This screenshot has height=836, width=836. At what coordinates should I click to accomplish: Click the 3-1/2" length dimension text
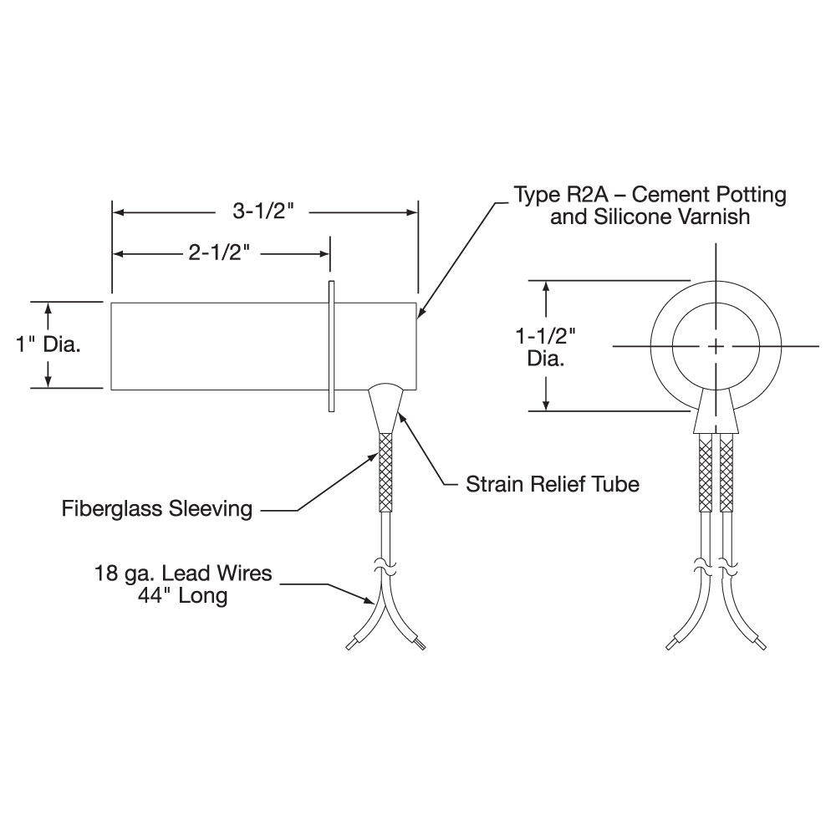[263, 212]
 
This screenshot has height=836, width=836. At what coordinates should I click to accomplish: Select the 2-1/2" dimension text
[219, 252]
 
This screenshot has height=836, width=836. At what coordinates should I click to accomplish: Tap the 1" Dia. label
[48, 344]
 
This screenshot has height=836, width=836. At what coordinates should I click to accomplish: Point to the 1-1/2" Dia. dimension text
[545, 347]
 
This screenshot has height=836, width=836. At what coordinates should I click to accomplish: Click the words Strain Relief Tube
[553, 484]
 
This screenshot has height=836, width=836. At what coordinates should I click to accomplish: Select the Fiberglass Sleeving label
[157, 508]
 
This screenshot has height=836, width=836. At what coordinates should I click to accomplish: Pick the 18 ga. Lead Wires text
[183, 573]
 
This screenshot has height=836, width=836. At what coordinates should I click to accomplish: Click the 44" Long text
[182, 595]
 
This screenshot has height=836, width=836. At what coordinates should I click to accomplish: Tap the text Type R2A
[560, 195]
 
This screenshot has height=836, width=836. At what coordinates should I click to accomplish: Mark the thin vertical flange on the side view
[331, 346]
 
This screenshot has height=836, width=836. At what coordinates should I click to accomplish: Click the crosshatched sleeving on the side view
[385, 472]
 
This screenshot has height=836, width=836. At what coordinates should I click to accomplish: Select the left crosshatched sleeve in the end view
[706, 472]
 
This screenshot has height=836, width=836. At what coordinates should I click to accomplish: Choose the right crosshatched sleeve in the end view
[726, 472]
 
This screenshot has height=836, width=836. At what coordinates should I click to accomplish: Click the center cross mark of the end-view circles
[716, 347]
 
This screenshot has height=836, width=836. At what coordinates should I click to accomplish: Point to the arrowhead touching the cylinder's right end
[421, 313]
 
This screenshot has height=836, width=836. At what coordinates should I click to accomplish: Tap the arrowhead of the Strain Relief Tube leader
[401, 417]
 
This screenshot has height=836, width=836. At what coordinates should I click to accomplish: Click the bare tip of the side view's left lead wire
[349, 646]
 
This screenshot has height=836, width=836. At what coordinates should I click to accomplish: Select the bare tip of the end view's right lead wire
[763, 646]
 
